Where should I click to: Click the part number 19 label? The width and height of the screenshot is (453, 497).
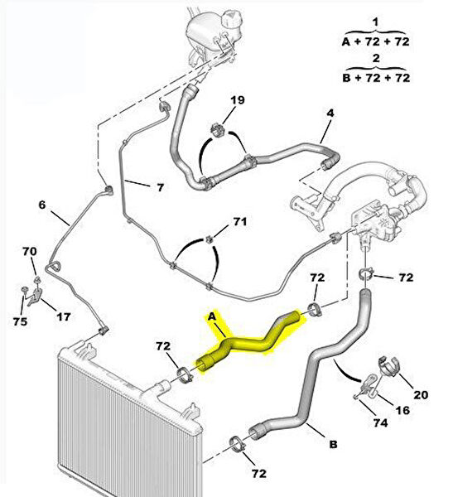click(238, 100)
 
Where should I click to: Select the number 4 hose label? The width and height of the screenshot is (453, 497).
click(330, 113)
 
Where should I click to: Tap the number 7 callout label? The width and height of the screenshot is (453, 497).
click(161, 187)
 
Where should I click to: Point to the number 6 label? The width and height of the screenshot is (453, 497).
click(42, 205)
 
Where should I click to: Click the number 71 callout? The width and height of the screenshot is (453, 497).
click(240, 221)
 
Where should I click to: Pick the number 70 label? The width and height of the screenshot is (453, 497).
click(30, 252)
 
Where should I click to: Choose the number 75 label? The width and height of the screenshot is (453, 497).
click(20, 321)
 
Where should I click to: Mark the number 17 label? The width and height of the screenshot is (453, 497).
click(64, 316)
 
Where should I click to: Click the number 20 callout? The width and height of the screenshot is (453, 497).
click(421, 394)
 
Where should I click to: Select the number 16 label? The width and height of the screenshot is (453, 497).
click(403, 410)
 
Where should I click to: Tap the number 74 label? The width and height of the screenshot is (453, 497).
click(380, 422)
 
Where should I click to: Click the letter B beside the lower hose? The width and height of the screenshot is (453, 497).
click(333, 444)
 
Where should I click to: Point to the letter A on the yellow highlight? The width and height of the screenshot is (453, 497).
click(212, 316)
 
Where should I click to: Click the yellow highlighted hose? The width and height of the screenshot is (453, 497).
click(250, 344)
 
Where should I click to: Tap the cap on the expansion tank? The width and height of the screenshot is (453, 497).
click(234, 20)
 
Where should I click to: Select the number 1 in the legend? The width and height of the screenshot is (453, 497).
click(375, 22)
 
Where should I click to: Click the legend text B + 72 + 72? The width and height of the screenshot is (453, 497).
click(376, 78)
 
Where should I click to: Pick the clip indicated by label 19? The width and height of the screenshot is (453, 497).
click(218, 129)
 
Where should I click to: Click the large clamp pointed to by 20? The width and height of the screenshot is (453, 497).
click(389, 366)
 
